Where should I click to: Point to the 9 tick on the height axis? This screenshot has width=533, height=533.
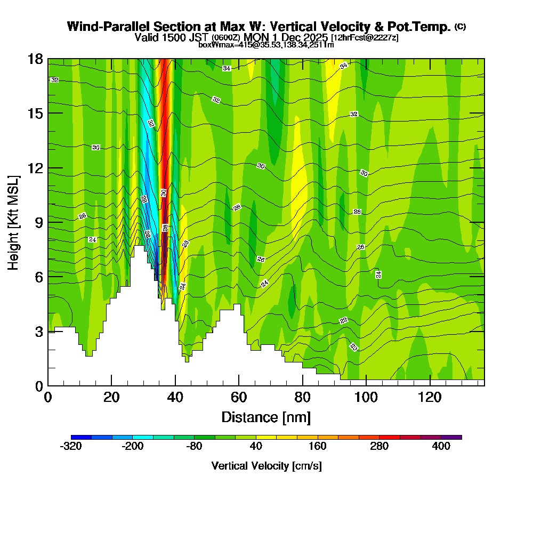[x=48, y=222]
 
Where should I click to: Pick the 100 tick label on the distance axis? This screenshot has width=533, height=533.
[x=366, y=398]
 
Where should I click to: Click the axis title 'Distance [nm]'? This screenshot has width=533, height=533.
[x=266, y=417]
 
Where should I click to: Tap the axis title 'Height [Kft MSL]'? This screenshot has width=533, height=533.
[x=13, y=222]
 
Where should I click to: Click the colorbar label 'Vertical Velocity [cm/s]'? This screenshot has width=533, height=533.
[x=266, y=466]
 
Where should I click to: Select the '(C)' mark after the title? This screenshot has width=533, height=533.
[x=461, y=27]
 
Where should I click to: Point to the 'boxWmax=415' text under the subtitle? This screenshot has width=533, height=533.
[x=220, y=45]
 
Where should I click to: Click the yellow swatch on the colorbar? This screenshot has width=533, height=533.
[x=256, y=437]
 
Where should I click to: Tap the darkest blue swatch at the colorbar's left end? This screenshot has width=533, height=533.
[x=81, y=437]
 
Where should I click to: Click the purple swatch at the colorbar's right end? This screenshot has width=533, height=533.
[x=451, y=437]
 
